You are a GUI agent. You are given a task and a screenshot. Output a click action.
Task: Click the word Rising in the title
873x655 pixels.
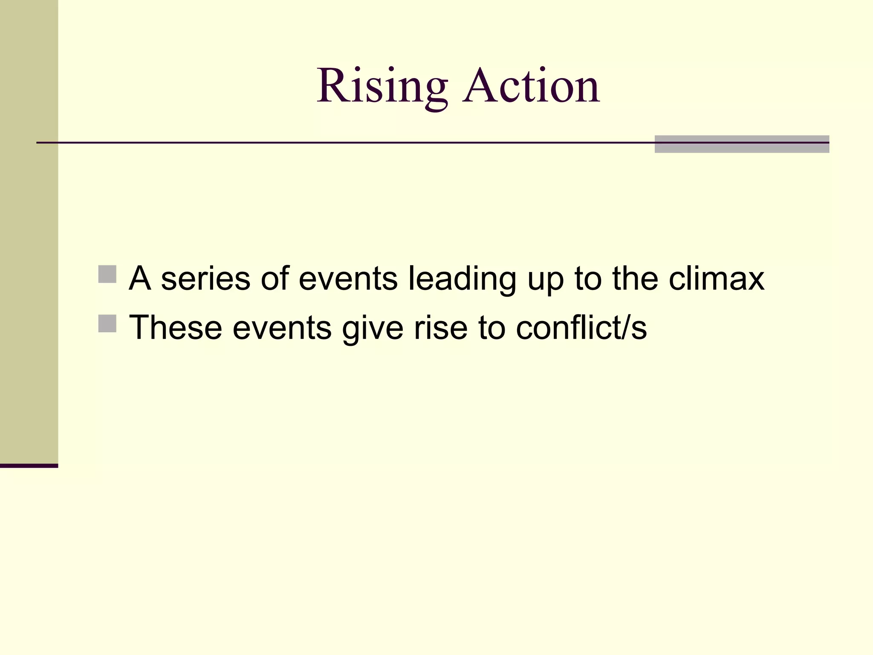point(382,87)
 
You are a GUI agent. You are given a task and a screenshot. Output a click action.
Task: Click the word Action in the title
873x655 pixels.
point(532,87)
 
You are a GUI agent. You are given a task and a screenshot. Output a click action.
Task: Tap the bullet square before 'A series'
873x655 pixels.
point(107,274)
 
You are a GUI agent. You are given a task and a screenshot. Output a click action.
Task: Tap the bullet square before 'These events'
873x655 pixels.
point(107,323)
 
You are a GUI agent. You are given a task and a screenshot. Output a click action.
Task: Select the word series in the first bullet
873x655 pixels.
point(205,279)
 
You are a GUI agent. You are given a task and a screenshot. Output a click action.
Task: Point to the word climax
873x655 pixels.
point(716,279)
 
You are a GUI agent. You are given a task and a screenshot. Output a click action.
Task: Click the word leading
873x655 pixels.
point(462,279)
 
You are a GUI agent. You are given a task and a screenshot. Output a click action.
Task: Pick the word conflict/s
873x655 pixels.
point(581,328)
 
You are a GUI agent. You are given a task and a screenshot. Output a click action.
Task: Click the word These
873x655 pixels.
point(175,328)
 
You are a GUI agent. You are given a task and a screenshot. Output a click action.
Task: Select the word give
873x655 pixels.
point(373,328)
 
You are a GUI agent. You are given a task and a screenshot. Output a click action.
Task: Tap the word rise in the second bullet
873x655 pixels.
point(441,328)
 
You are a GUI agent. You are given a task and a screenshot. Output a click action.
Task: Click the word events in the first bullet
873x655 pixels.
point(348,279)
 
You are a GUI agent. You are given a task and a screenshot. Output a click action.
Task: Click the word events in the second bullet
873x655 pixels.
point(282,328)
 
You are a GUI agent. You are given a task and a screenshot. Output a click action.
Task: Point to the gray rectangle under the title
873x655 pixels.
point(742,144)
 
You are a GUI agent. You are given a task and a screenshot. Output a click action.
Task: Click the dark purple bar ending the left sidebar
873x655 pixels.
point(29,466)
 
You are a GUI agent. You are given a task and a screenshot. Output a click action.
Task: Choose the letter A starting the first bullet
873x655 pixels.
point(140,279)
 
